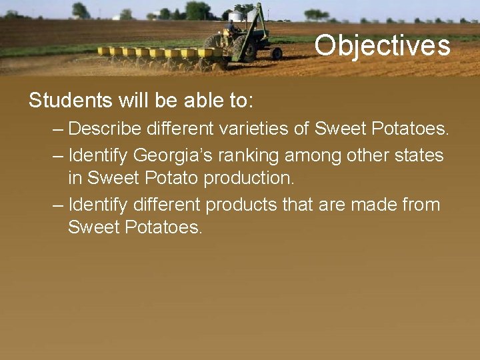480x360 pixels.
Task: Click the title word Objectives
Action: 382,46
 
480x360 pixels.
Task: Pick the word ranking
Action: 251,155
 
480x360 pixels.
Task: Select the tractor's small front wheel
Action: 277,53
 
